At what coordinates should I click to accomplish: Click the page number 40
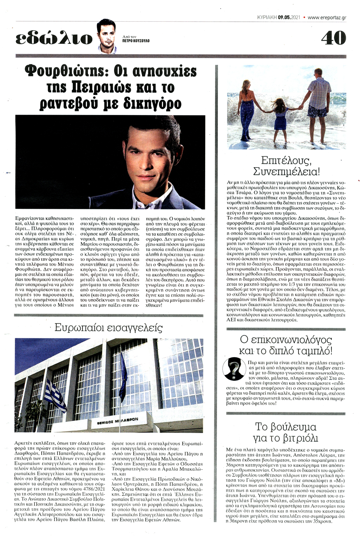point(333,37)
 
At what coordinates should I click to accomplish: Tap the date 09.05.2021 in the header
point(289,17)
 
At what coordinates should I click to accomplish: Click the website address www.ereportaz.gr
point(327,17)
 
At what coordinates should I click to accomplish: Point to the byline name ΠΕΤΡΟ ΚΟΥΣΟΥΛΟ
point(136,40)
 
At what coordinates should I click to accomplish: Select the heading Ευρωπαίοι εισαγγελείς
point(108,328)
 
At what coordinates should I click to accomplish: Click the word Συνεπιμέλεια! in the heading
point(286,172)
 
